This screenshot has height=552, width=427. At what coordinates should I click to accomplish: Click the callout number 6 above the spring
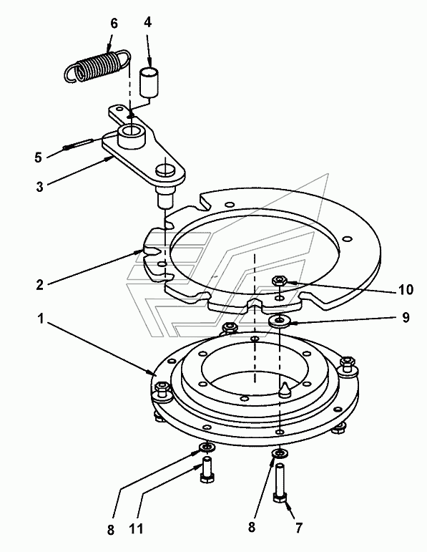click(x=114, y=24)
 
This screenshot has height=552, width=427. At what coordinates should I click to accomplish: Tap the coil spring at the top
click(x=97, y=65)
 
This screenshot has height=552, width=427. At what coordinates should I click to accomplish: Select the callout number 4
click(x=148, y=21)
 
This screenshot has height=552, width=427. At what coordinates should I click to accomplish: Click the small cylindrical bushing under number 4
click(x=149, y=82)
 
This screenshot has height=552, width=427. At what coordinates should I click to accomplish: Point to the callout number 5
click(x=38, y=157)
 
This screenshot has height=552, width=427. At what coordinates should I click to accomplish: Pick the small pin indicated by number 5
click(x=78, y=144)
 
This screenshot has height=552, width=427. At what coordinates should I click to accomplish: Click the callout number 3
click(x=40, y=187)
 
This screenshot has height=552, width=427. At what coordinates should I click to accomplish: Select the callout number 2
click(x=40, y=284)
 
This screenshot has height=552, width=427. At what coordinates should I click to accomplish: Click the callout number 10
click(x=406, y=290)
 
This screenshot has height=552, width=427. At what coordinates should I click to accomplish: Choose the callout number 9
click(x=406, y=318)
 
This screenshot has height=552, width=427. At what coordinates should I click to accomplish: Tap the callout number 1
click(x=41, y=319)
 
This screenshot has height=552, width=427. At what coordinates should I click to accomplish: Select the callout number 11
click(x=136, y=529)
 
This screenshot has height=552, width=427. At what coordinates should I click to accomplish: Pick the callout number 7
click(x=298, y=528)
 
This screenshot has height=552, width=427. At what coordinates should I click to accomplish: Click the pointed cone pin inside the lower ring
click(x=284, y=389)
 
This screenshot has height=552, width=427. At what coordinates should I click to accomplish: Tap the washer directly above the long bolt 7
click(x=280, y=453)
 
